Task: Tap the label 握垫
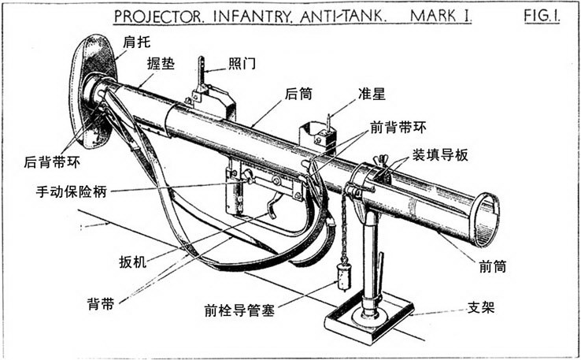tap(160, 64)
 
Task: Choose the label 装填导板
tap(439, 154)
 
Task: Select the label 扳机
tap(131, 259)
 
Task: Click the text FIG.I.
tap(539, 17)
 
